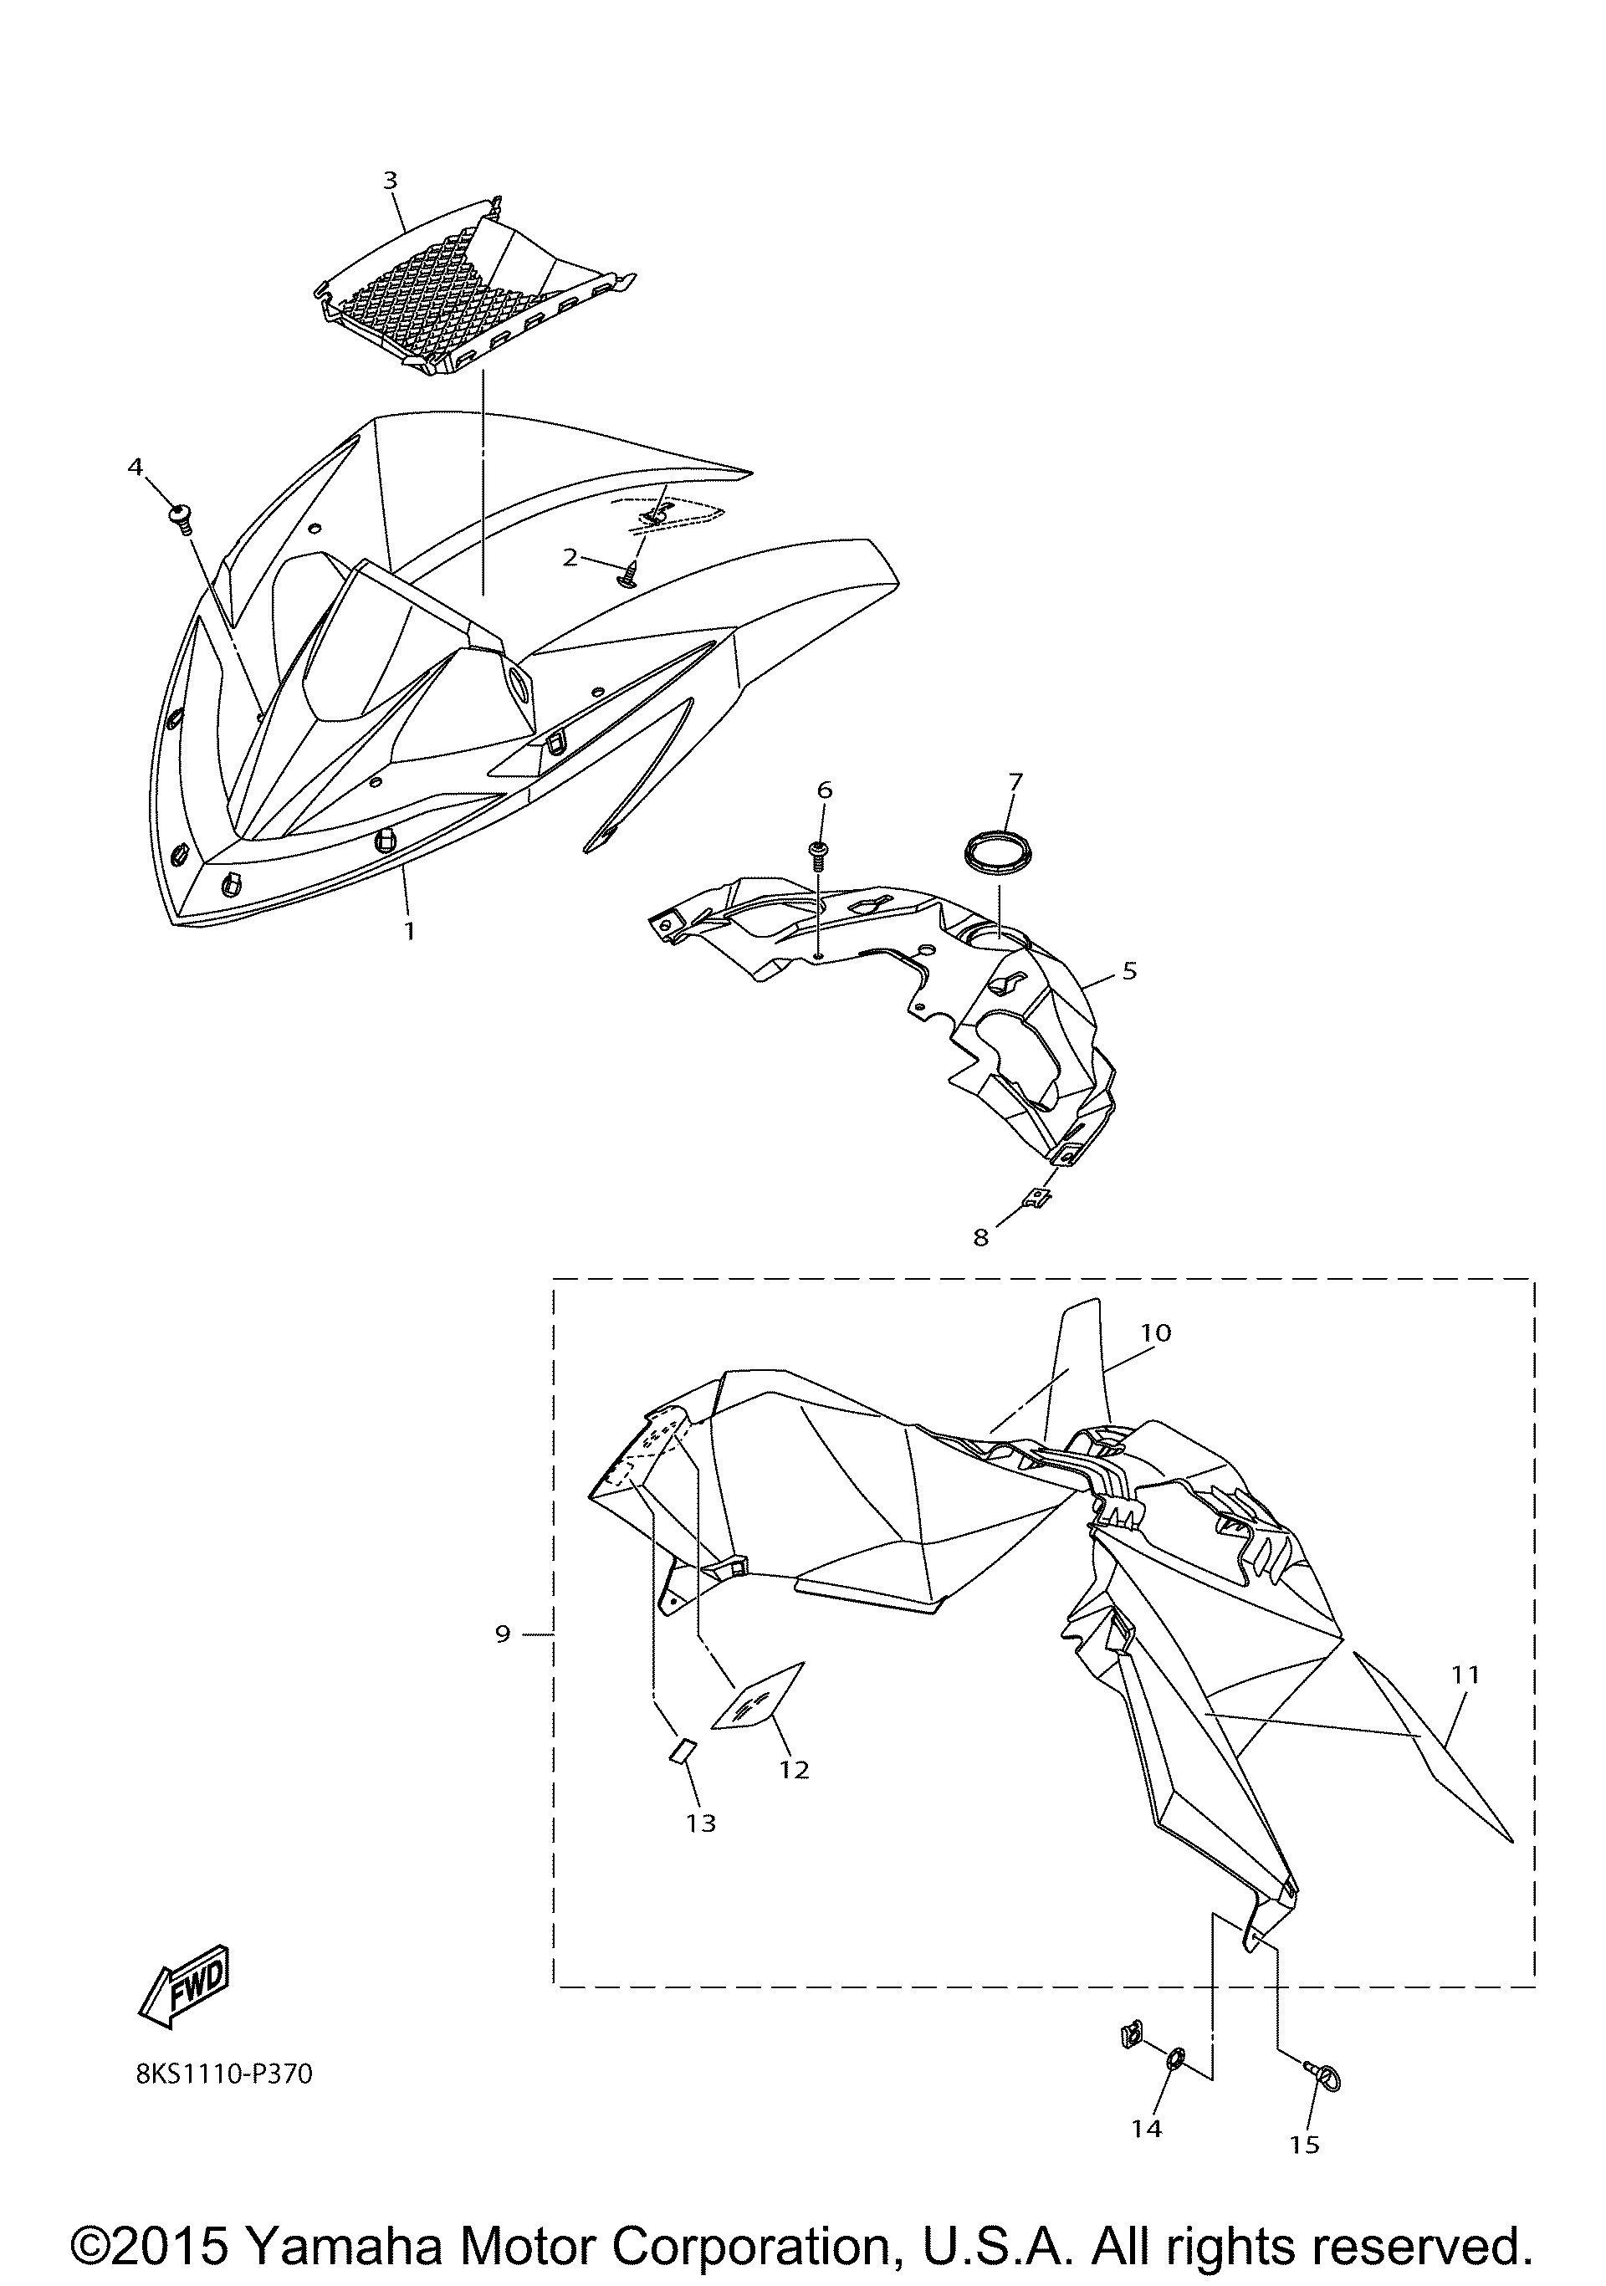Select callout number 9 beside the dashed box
(502, 1633)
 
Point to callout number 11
(1465, 1674)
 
